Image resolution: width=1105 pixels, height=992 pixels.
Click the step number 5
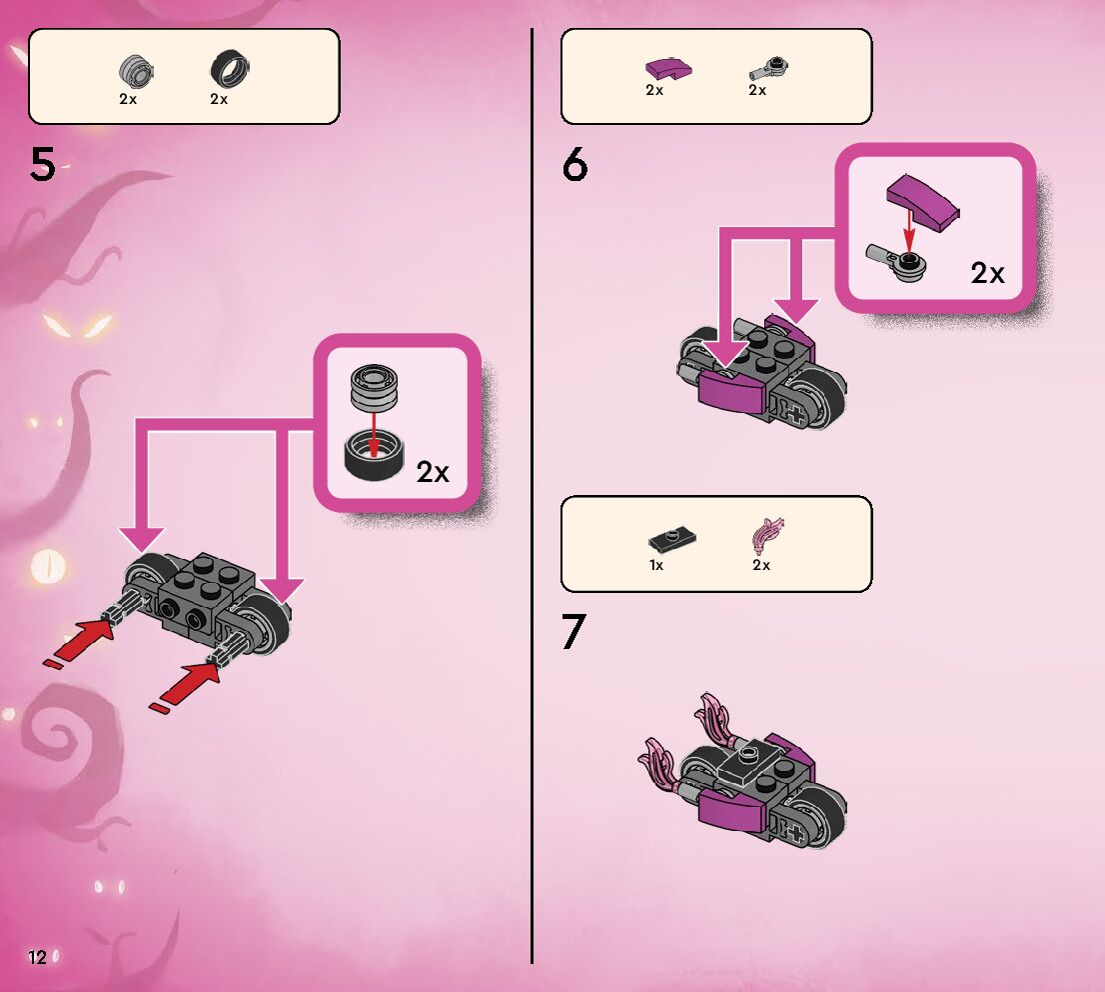point(43,165)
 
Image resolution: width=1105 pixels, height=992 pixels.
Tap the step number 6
point(574,165)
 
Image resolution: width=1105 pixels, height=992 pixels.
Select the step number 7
point(573,632)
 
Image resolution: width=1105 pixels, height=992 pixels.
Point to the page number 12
point(38,957)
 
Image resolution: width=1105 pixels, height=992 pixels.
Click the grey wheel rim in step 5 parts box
point(132,69)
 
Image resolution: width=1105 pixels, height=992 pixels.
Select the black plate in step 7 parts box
point(671,541)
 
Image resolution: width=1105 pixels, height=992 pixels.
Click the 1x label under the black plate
point(656,565)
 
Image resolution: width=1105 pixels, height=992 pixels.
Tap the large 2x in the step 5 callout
point(433,472)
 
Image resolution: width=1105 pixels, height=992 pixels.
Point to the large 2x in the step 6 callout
point(987,272)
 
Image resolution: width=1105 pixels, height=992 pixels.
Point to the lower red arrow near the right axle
point(186,688)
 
